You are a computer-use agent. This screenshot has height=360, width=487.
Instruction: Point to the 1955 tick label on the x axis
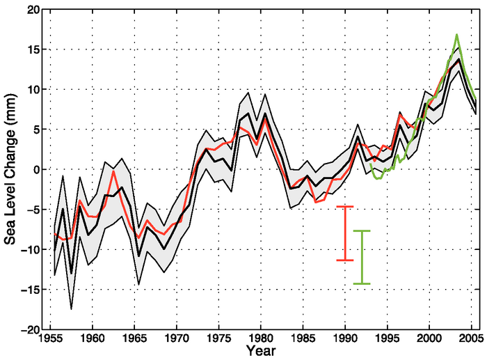[50, 339]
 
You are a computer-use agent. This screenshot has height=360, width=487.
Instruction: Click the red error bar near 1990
[345, 233]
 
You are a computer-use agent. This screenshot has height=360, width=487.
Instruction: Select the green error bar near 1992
[362, 257]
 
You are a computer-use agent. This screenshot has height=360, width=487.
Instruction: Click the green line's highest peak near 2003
[456, 35]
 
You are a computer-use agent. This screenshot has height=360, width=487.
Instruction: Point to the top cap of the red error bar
[345, 206]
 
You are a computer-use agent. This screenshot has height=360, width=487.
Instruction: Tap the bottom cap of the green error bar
[362, 283]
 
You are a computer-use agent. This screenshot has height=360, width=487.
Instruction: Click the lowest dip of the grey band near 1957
[71, 308]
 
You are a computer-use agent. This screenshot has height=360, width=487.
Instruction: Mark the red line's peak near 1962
[113, 171]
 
